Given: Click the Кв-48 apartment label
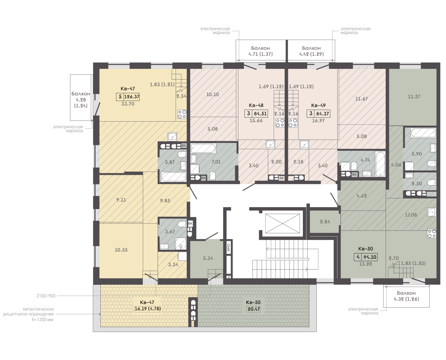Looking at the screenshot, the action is point(256,105).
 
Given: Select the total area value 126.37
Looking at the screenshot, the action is point(132,97).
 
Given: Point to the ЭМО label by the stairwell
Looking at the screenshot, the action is point(228,248).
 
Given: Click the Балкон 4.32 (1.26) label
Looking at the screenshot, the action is point(406,296).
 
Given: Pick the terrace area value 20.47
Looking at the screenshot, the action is point(254,309).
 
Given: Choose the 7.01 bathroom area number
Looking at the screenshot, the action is point(216,162).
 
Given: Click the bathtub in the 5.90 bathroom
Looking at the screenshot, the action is point(423,133).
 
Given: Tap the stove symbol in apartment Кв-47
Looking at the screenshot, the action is point(182,114).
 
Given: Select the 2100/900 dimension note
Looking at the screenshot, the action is point(46,296).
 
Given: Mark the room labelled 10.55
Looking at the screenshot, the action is point(121,250).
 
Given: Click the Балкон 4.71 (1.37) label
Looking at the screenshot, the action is point(260,51).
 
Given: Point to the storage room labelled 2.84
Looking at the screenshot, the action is point(325,222).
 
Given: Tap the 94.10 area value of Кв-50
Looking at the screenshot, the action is point(370,257).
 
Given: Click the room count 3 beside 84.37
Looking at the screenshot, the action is point(311,114).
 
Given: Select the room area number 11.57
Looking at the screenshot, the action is point(414,96).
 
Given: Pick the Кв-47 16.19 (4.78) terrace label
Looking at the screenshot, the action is point(147,306).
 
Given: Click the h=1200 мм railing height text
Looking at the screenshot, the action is point(43,320).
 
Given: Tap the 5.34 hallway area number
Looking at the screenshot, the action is point(208,258).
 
